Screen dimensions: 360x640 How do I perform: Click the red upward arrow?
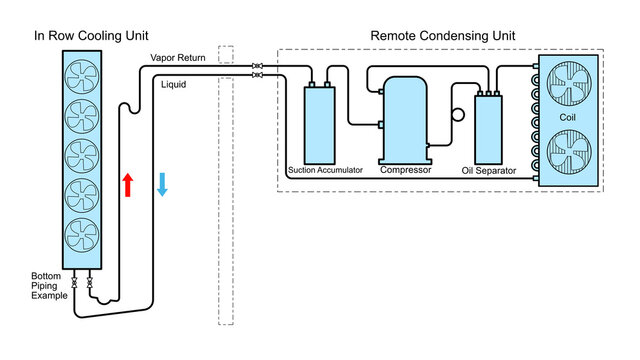pos(127,184)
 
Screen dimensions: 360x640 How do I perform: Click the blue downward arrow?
pos(162,184)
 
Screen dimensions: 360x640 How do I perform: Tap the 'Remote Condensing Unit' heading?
pos(443,35)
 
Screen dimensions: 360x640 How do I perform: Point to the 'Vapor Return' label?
pos(177,59)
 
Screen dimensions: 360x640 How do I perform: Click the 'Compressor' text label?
pos(405,170)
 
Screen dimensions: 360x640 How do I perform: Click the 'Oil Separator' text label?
pos(489,171)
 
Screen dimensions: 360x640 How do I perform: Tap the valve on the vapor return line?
pos(258,66)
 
